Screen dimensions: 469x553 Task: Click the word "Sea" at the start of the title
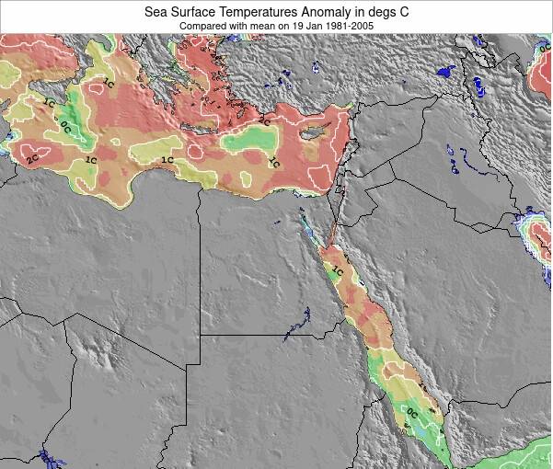click(x=156, y=12)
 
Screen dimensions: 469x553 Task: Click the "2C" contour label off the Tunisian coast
click(x=32, y=159)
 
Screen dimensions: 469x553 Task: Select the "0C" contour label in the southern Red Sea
click(x=412, y=414)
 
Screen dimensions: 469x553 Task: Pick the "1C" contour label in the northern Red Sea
click(x=338, y=271)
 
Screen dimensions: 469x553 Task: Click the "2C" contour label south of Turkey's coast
click(x=264, y=120)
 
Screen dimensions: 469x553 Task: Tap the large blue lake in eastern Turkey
click(x=446, y=70)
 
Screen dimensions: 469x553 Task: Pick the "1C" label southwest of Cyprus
click(x=273, y=162)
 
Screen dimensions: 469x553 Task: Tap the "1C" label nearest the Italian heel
click(x=108, y=84)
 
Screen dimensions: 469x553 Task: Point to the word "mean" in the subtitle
click(x=264, y=26)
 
